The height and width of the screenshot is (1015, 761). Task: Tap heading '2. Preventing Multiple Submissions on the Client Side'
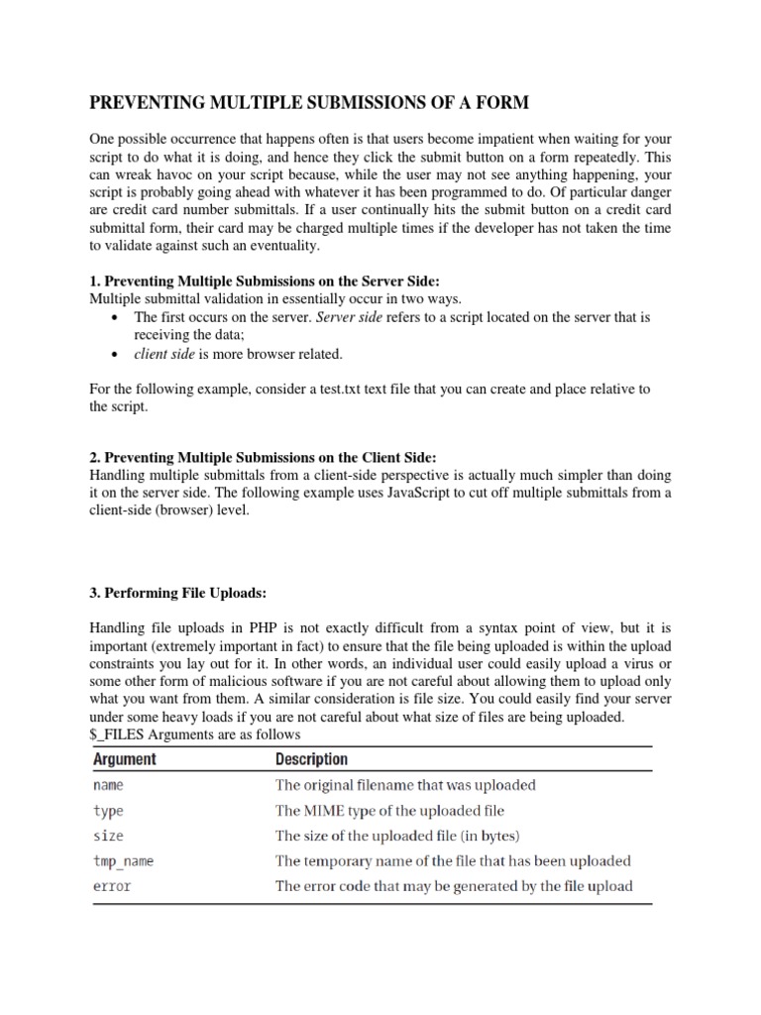click(263, 457)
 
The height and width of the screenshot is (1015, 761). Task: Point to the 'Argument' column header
click(125, 759)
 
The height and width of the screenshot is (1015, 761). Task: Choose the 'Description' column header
click(311, 759)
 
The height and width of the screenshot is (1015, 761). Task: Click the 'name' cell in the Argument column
click(108, 785)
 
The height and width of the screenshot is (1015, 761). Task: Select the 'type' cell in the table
click(108, 810)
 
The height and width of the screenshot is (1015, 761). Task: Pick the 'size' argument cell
click(108, 836)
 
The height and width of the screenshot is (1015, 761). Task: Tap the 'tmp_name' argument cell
click(123, 860)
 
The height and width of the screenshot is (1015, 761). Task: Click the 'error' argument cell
click(112, 886)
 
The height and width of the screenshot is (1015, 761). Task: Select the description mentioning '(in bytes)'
click(397, 836)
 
